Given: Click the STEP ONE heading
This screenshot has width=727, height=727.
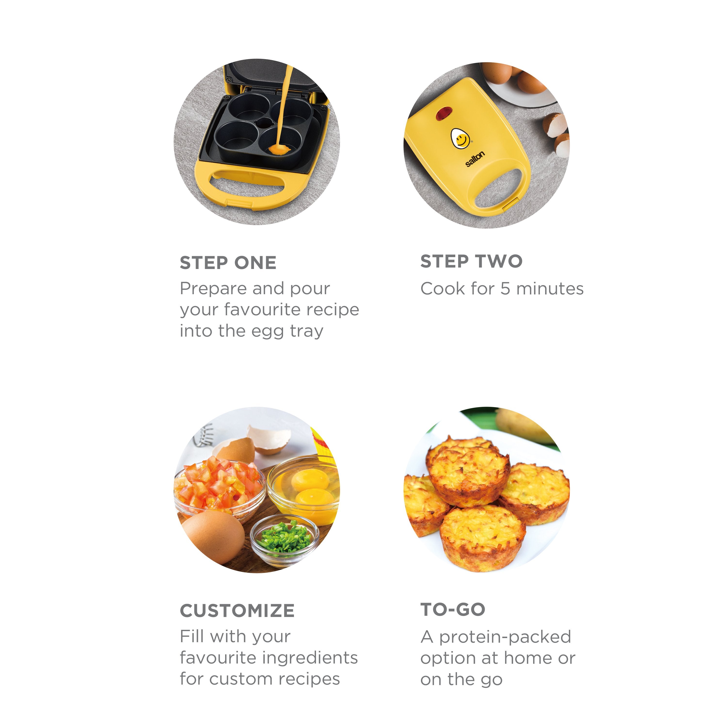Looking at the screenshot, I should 228,263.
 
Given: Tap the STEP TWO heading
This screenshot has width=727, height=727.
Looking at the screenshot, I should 471,261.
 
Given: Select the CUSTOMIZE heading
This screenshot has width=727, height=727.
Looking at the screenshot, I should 237,610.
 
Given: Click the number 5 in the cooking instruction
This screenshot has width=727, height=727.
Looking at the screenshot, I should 505,289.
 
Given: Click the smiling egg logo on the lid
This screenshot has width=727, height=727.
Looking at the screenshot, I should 460,138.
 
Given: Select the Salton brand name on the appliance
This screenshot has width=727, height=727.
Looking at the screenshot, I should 475,159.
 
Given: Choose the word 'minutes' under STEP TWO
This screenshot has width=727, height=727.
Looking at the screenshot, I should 550,289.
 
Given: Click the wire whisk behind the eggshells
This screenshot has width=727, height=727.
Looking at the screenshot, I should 203,436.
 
